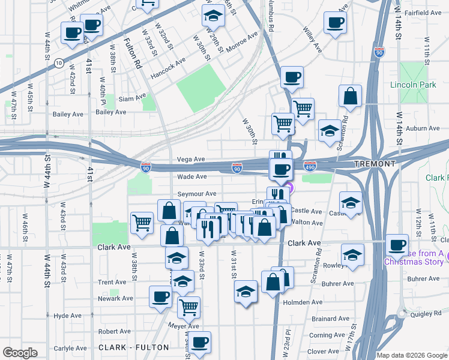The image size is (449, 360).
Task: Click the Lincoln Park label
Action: click(413, 85)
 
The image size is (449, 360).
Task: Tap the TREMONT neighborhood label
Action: click(374, 164)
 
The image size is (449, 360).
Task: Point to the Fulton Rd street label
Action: click(131, 53)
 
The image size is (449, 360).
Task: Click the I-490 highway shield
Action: click(310, 164)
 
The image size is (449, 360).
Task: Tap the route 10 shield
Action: click(58, 62)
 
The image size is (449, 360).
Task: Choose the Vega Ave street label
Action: click(191, 160)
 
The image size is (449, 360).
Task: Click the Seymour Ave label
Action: click(196, 194)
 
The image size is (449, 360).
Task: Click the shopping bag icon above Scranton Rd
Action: click(350, 95)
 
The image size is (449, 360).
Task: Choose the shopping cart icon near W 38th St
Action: click(142, 223)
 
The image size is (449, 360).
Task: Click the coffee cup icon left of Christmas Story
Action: click(397, 244)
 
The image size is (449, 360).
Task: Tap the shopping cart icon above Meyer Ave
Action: click(188, 307)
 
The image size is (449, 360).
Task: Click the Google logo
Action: click(20, 353)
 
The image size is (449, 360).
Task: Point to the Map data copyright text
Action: click(411, 355)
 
